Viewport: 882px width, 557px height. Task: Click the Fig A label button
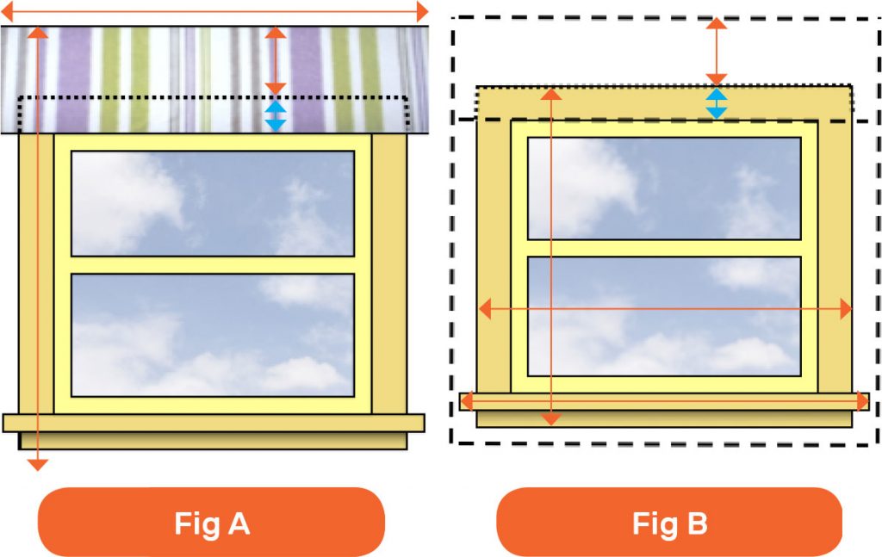click(211, 523)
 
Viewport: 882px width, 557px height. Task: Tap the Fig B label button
click(669, 523)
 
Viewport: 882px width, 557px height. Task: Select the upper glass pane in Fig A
click(213, 203)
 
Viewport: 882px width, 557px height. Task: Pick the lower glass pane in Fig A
click(213, 335)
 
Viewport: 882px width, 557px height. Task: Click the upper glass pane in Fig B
click(664, 189)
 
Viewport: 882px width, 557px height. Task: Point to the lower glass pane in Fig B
click(664, 317)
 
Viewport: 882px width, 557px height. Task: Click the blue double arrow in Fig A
click(276, 115)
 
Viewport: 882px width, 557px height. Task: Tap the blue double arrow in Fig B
click(716, 103)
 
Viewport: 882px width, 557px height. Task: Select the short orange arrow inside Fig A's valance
click(276, 61)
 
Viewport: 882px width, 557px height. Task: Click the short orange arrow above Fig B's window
click(716, 52)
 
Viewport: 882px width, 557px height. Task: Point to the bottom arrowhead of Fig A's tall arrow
click(38, 465)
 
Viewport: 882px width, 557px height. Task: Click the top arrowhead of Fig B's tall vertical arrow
click(550, 94)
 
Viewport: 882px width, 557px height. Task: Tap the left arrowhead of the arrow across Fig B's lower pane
click(485, 308)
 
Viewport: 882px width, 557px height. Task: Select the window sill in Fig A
click(214, 423)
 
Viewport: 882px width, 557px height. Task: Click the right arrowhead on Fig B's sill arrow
click(861, 401)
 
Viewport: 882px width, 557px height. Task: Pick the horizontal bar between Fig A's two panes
click(213, 265)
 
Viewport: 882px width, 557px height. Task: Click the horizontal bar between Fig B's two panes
click(664, 249)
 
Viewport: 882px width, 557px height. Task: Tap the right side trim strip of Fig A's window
click(389, 274)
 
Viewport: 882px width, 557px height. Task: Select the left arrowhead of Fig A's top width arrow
click(8, 11)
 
